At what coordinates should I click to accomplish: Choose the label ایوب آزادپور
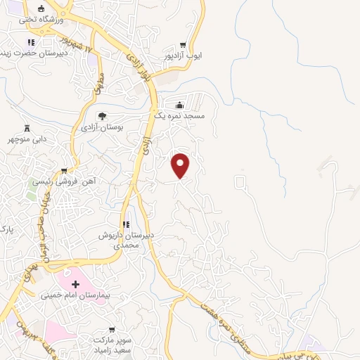[x=184, y=55]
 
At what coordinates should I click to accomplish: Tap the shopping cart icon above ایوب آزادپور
[x=184, y=42]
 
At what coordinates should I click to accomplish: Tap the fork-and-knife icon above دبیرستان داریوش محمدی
[x=126, y=225]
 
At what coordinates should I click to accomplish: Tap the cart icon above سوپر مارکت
[x=112, y=328]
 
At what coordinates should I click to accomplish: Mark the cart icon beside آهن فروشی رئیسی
[x=64, y=170]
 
